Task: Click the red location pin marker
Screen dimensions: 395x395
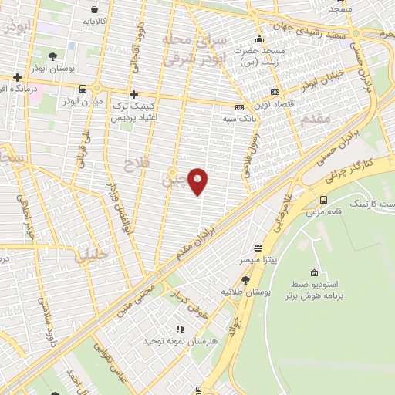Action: pyautogui.click(x=198, y=181)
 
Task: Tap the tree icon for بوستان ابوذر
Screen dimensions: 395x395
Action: pyautogui.click(x=52, y=56)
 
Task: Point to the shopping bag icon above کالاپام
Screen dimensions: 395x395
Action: pyautogui.click(x=94, y=10)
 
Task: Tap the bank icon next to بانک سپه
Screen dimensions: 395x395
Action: pyautogui.click(x=239, y=107)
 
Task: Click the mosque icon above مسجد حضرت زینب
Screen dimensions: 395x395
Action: pyautogui.click(x=260, y=39)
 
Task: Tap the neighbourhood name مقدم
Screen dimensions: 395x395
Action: pyautogui.click(x=317, y=118)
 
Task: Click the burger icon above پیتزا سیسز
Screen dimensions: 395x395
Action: pyautogui.click(x=258, y=248)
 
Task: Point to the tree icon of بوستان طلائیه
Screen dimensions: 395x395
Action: pyautogui.click(x=246, y=280)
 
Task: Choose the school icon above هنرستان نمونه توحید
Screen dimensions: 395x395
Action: pyautogui.click(x=179, y=329)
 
